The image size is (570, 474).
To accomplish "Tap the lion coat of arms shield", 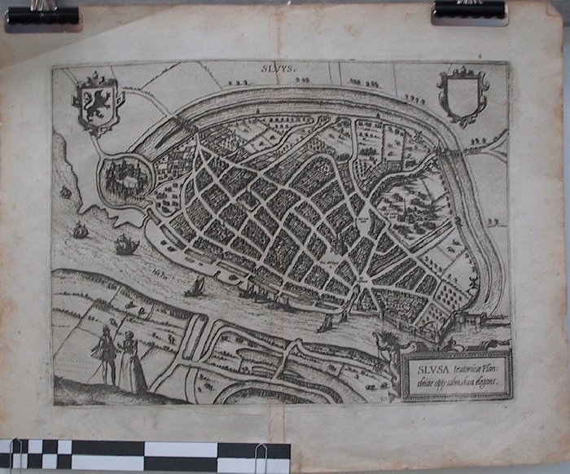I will click(x=97, y=104).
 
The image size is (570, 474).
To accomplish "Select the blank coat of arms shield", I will click(x=462, y=96).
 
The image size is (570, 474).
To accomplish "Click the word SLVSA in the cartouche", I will click(x=427, y=367).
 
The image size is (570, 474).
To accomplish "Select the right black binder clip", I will click(x=470, y=11).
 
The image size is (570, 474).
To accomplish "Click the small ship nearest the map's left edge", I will click(x=65, y=192).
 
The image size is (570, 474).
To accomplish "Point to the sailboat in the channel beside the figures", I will click(x=195, y=286).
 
